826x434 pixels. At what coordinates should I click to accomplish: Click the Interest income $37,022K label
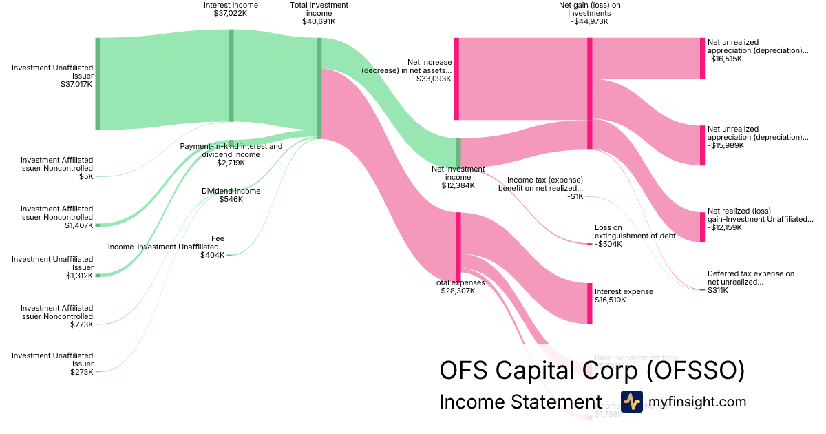click(x=231, y=10)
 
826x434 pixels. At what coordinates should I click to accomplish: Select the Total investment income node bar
click(x=319, y=87)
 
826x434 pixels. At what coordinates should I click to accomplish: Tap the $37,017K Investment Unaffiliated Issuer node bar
click(x=98, y=83)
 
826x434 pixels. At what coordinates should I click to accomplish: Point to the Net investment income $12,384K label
click(x=458, y=177)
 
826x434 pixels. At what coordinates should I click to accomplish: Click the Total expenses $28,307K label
click(x=458, y=287)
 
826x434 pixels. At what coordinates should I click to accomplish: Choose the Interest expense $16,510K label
click(x=624, y=296)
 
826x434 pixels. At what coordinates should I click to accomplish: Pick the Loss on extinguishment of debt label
click(x=635, y=236)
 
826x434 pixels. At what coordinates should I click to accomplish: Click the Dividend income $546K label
click(x=231, y=195)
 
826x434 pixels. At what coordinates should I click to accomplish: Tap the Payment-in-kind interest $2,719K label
click(x=231, y=154)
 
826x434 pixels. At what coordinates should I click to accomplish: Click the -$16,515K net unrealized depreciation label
click(x=758, y=50)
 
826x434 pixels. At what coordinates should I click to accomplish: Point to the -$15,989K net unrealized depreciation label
click(x=758, y=137)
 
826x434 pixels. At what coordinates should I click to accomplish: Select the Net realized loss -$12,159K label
click(x=760, y=219)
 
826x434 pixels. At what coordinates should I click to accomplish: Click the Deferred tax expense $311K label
click(x=750, y=282)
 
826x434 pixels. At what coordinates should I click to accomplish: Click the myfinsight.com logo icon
click(x=631, y=402)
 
